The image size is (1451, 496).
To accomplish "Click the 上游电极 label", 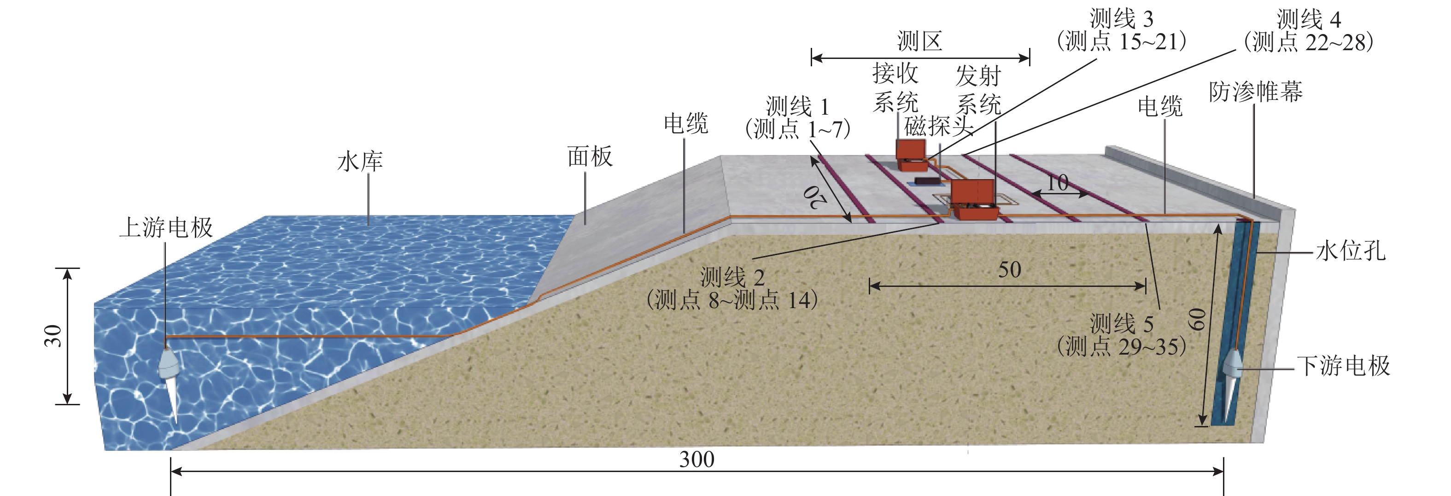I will pyautogui.click(x=166, y=228).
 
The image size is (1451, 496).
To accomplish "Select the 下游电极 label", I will pyautogui.click(x=1343, y=366).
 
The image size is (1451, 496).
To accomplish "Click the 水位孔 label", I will pyautogui.click(x=1351, y=251).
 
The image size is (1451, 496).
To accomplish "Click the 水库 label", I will pyautogui.click(x=360, y=162).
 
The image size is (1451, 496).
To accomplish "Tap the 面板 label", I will pyautogui.click(x=590, y=157).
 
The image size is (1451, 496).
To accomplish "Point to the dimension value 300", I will pyautogui.click(x=697, y=460).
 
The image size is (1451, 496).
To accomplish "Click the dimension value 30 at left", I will pyautogui.click(x=53, y=336).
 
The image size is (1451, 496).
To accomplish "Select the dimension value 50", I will pyautogui.click(x=1009, y=270).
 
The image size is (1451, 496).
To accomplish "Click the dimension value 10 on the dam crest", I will pyautogui.click(x=1057, y=182).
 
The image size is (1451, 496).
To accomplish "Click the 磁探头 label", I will pyautogui.click(x=939, y=127).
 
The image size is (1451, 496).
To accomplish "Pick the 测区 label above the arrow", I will pyautogui.click(x=920, y=41).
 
